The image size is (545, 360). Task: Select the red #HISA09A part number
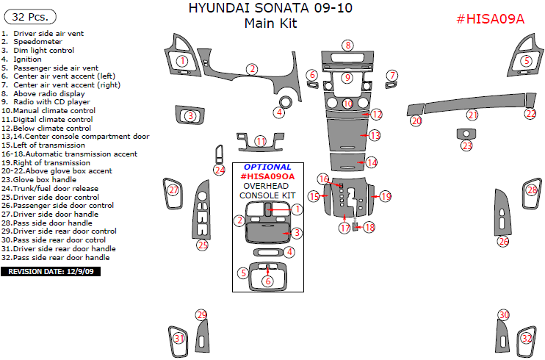point(490,20)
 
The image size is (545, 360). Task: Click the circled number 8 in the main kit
point(347,46)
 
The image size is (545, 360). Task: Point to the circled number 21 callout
point(472,115)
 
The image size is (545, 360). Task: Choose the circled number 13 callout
point(375,135)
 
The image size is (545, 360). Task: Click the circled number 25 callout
point(203,245)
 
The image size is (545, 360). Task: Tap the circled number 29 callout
point(202,315)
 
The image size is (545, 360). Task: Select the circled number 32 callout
point(527,338)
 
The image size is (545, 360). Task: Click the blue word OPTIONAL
point(267,167)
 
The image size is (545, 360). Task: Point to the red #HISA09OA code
point(267,176)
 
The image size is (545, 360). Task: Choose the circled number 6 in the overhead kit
point(268,281)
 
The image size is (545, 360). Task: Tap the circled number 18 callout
point(369,227)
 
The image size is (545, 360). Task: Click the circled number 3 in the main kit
point(191,115)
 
